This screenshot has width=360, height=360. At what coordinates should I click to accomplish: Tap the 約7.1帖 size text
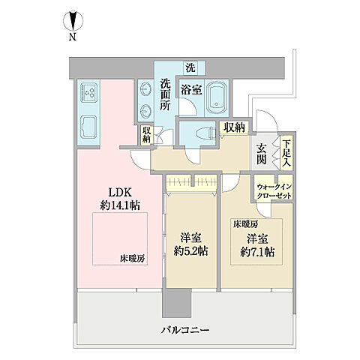251,250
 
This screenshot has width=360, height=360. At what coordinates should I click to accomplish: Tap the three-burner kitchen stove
88,94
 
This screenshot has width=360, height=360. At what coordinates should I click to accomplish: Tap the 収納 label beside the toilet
234,127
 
